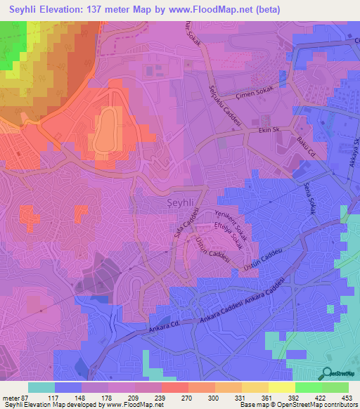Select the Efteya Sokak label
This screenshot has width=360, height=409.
236,236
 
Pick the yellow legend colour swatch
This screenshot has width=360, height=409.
282,387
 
